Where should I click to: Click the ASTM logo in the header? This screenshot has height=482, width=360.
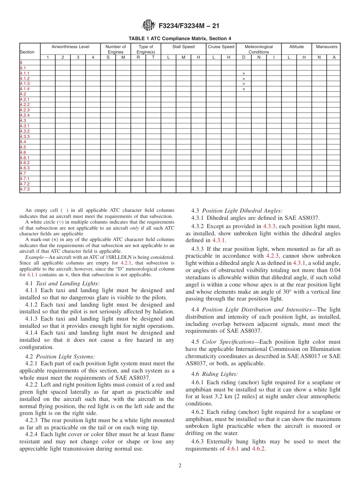coord(148,25)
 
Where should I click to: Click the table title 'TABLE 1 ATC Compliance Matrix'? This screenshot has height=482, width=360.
coord(180,38)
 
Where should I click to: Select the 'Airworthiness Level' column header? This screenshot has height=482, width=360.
coord(70,47)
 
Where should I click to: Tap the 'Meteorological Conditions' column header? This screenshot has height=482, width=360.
coord(258,49)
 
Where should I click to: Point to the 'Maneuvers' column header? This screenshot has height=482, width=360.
coord(326,47)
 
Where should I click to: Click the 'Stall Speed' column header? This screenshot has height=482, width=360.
coord(183,47)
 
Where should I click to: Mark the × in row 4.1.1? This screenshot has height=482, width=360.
coord(244,74)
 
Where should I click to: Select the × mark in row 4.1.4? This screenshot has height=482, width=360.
coord(244,89)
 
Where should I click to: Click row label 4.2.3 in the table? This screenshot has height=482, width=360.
coord(25,110)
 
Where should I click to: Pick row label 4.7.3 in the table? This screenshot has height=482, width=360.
coord(25,189)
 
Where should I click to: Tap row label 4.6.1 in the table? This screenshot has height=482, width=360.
coord(25,158)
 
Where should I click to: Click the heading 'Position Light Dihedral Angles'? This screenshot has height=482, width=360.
coord(242,211)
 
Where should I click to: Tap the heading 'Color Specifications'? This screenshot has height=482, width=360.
coord(228,342)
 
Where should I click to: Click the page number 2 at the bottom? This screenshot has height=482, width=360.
coord(180,466)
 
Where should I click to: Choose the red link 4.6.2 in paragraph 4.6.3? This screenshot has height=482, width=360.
coord(258,449)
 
